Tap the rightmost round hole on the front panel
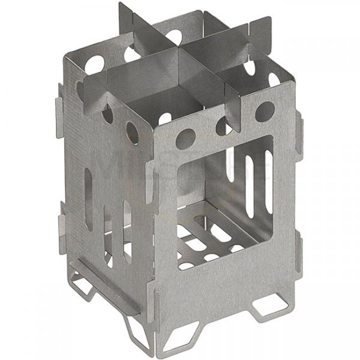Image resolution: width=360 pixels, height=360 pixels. (x=265, y=110)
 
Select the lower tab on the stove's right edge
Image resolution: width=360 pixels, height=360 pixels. (x=300, y=249)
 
